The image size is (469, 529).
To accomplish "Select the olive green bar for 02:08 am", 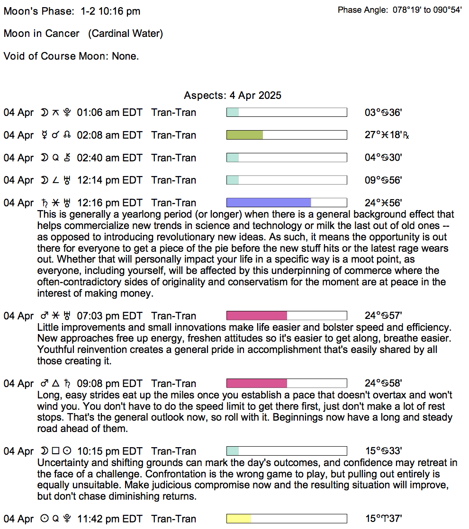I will point(245,135).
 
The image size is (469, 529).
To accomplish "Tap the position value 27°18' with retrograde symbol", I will point(387,135).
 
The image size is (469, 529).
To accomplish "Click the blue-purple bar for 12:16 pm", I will point(269,203).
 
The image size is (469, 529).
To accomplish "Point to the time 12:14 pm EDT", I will point(109,180).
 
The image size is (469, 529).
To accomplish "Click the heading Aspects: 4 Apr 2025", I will point(233,96).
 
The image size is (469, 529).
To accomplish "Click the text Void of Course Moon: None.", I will point(71,56).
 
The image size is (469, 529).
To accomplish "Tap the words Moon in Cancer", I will point(42,34).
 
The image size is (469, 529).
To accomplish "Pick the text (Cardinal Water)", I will point(126,34).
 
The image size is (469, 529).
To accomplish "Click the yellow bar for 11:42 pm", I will point(239,519).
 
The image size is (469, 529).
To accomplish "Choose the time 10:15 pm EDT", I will point(109,451).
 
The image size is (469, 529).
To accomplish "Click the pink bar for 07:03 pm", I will point(257,316).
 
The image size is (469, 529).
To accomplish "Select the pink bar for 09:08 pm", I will point(257,383).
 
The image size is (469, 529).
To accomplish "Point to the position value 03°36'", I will point(383,113).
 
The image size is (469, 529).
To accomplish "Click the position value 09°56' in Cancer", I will point(383,180).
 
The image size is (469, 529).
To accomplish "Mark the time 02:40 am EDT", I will point(109,158).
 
